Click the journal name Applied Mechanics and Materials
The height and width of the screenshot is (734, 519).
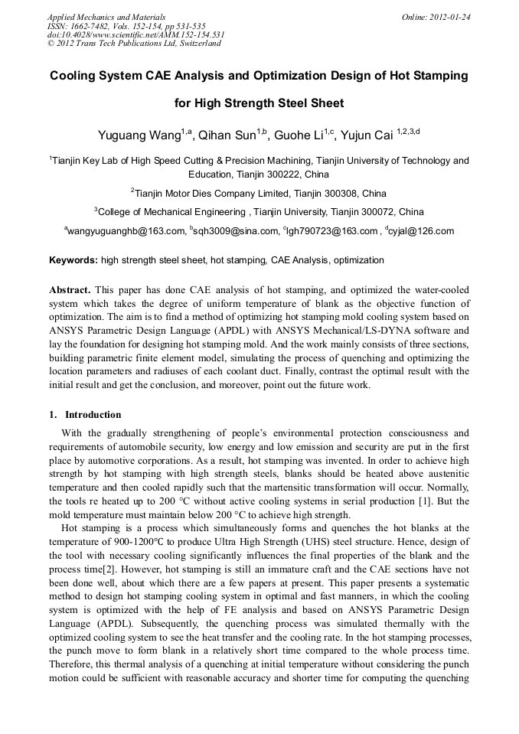click(106, 16)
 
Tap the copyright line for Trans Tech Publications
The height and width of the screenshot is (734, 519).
click(134, 44)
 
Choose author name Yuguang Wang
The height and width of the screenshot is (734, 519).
click(139, 135)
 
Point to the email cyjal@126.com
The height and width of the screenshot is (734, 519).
click(420, 230)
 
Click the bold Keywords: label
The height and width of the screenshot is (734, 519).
click(73, 260)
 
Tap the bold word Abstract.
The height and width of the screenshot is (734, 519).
click(70, 290)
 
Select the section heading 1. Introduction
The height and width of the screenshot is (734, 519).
click(85, 415)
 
